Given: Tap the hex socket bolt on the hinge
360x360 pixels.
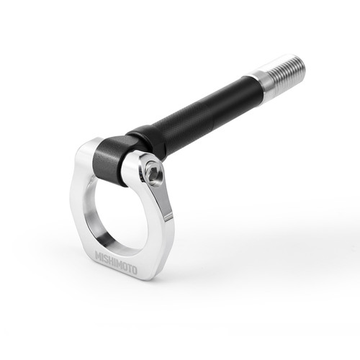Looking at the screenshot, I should [x=152, y=173].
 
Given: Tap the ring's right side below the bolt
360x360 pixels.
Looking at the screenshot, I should [x=164, y=216].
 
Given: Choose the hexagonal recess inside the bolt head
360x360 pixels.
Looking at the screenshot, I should [x=152, y=173].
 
